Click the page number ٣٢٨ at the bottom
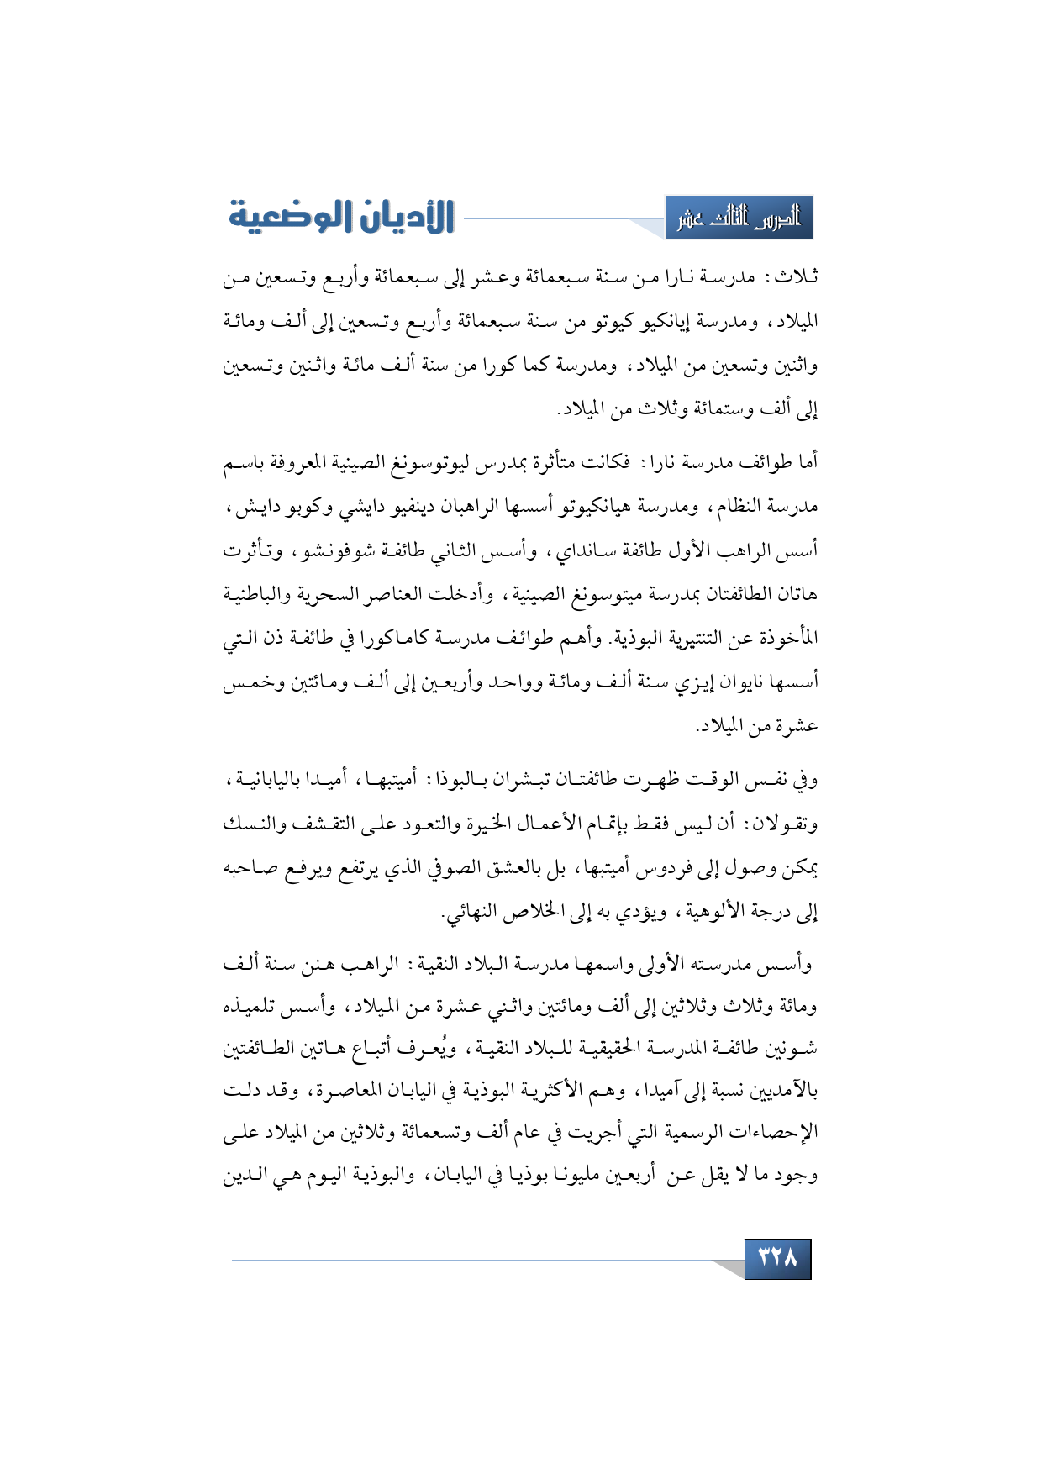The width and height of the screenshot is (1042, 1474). point(777,1258)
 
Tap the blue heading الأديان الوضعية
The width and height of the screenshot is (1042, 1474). point(342,217)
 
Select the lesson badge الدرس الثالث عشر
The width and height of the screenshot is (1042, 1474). point(739,218)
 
